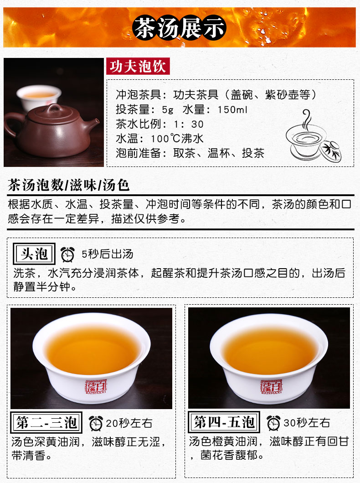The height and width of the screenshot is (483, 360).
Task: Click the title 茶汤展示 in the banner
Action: [180, 28]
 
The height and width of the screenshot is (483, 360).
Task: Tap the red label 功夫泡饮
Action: [138, 66]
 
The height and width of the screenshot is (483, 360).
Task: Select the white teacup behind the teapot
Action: [39, 97]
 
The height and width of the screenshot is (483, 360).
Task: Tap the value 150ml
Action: [232, 109]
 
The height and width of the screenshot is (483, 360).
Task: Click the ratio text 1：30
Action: [189, 124]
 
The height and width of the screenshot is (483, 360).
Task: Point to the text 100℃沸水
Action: [177, 139]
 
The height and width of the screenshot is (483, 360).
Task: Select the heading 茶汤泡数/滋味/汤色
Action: [68, 185]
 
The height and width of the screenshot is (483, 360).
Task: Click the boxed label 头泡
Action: [34, 254]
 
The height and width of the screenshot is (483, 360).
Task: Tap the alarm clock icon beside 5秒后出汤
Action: [67, 254]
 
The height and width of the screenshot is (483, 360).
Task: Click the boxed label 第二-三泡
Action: [46, 422]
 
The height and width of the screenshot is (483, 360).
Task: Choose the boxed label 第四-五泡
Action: [224, 422]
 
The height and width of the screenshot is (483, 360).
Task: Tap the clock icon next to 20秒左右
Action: [96, 423]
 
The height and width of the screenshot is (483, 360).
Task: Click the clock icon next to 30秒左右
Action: [273, 423]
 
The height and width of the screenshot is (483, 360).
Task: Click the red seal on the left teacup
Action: [96, 387]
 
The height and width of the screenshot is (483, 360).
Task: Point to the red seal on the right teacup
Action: [271, 387]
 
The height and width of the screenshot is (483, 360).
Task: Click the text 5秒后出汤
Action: [108, 254]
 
